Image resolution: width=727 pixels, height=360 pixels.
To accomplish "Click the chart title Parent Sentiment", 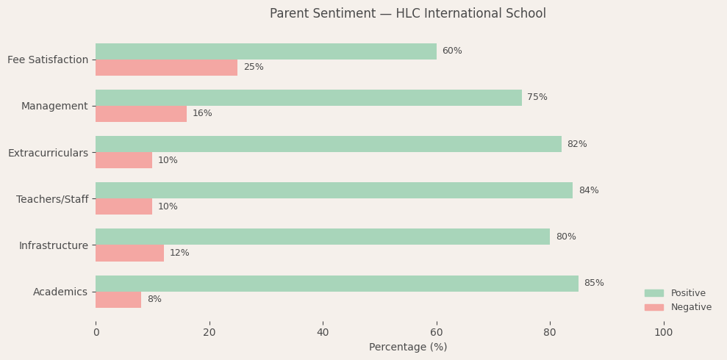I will click(x=407, y=14).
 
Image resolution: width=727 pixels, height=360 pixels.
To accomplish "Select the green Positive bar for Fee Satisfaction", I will click(x=266, y=51).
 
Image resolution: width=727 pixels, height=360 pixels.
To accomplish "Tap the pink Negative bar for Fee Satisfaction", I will click(x=166, y=68).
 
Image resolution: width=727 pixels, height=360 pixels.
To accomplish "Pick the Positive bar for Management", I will click(x=309, y=98).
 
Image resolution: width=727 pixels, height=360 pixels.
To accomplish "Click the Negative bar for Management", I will click(x=141, y=114).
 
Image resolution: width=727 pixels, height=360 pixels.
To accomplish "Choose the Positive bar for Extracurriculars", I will click(x=329, y=144).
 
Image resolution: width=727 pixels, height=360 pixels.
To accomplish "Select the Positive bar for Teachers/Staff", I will click(x=334, y=190).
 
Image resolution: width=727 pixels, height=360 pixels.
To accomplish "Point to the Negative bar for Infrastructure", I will click(x=129, y=253).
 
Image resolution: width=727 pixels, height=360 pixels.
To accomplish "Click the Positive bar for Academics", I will click(x=337, y=284).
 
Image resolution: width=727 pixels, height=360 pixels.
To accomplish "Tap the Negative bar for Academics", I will click(x=118, y=300).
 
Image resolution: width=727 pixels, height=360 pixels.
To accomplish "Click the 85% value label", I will click(x=594, y=284).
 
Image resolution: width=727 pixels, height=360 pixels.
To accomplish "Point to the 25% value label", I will click(x=254, y=68).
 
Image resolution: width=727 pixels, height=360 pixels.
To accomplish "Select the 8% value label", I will click(x=154, y=300).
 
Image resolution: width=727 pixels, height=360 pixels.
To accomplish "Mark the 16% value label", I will click(x=202, y=114).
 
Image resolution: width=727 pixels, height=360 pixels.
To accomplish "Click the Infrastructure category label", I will click(x=54, y=245).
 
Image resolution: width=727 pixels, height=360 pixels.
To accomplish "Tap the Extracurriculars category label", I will click(x=48, y=153).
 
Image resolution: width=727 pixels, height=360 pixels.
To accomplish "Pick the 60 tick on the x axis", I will click(x=437, y=333).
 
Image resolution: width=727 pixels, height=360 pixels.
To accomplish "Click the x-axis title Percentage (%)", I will click(x=408, y=348).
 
